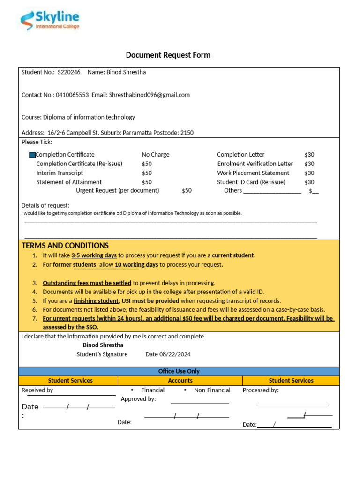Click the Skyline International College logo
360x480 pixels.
[x=50, y=21]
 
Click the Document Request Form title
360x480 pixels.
[x=168, y=55]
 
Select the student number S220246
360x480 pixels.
[x=69, y=72]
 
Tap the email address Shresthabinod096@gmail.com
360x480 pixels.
[x=149, y=95]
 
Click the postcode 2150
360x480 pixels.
[x=187, y=133]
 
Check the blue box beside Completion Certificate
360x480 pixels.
[x=32, y=155]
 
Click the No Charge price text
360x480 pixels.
[x=156, y=155]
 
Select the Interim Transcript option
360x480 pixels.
[x=60, y=173]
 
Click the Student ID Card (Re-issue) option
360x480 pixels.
[x=251, y=182]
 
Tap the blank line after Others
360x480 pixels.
[x=272, y=191]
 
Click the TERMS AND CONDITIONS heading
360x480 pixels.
[x=65, y=246]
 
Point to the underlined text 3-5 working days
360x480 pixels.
[x=94, y=255]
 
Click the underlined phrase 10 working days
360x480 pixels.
[x=136, y=265]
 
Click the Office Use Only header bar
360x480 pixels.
[x=179, y=371]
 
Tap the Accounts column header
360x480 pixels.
[x=180, y=381]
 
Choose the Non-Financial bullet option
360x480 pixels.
[x=212, y=390]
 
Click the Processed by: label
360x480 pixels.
[x=261, y=390]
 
